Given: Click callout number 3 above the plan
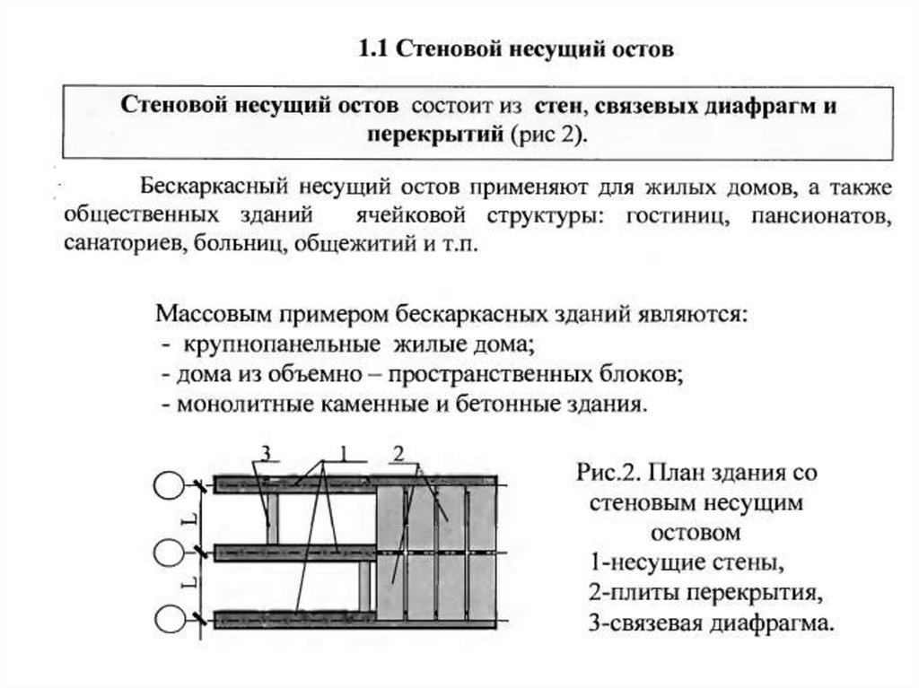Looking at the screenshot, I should coord(266,451).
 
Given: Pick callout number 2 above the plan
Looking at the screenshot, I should coord(400,452).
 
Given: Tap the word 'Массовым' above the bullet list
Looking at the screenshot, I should coord(214,315).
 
